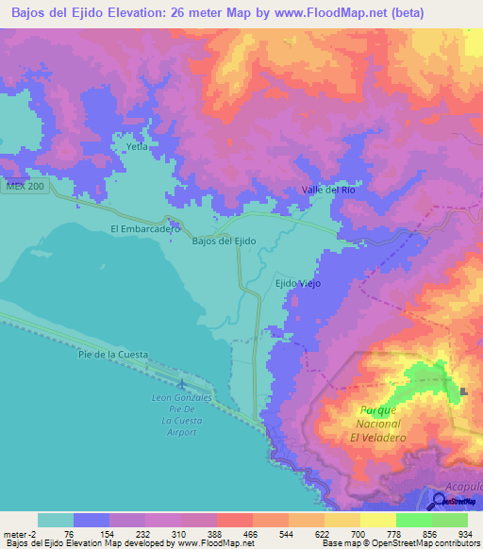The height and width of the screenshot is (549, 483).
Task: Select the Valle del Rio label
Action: [328, 190]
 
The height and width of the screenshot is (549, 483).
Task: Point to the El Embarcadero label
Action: [144, 228]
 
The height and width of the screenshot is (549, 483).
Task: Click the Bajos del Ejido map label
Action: [224, 241]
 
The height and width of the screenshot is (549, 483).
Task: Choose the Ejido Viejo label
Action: [297, 283]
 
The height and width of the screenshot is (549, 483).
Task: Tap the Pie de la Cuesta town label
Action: [113, 354]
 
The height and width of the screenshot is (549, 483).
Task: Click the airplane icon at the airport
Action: [181, 384]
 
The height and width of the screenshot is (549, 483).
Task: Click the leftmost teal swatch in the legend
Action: [55, 520]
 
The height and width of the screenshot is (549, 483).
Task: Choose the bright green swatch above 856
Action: [413, 520]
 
